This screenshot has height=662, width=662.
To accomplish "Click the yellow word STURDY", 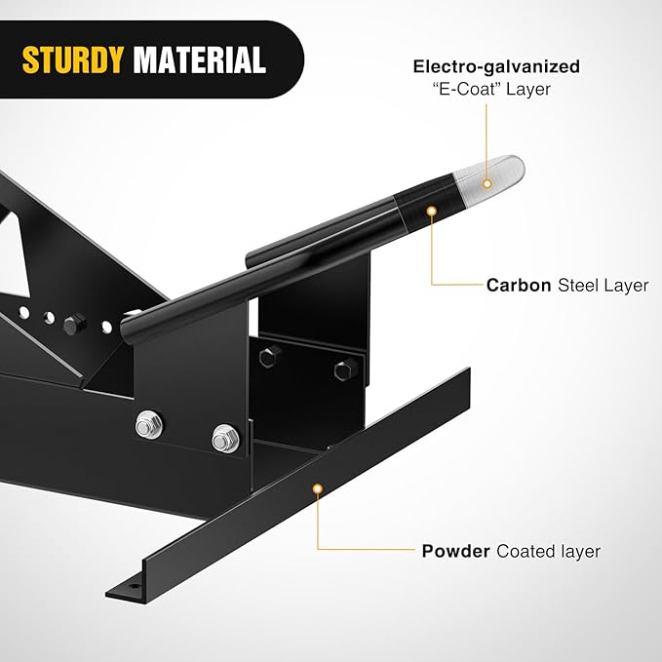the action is (x=72, y=59).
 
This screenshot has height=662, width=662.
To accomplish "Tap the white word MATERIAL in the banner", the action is (x=199, y=59).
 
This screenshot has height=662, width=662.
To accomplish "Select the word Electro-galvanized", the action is (x=496, y=67).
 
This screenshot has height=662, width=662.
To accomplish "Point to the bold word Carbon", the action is (x=519, y=286).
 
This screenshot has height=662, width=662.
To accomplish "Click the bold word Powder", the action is (x=456, y=552).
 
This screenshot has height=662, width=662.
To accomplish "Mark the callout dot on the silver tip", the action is (x=487, y=183).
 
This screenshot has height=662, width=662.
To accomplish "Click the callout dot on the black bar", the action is (x=431, y=211).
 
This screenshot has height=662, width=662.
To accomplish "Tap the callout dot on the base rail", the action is (x=318, y=488).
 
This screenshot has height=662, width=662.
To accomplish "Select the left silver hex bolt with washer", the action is (x=148, y=425).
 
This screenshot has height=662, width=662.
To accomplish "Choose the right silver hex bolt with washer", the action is (x=225, y=439).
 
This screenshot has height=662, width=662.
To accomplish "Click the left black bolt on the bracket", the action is (x=270, y=357).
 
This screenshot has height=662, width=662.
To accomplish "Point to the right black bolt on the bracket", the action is (x=345, y=370).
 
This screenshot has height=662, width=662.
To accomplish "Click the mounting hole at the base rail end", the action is (x=135, y=586).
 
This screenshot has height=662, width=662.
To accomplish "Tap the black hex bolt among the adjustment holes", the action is (x=75, y=325).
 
